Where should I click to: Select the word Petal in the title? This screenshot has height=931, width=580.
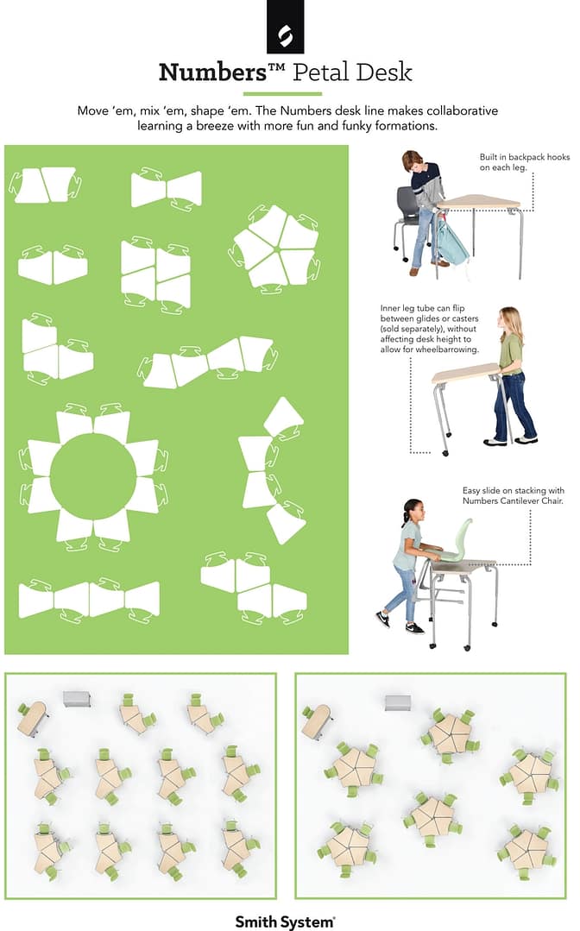click(321, 72)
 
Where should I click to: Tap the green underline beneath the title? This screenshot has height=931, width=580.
click(282, 93)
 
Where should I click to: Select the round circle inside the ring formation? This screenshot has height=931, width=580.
click(94, 476)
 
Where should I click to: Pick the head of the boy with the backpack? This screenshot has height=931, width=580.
click(413, 160)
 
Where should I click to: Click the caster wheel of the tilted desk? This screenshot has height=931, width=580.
click(445, 452)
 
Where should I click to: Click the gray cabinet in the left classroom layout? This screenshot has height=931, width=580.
click(77, 699)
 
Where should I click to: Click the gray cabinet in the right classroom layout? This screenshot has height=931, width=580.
click(398, 701)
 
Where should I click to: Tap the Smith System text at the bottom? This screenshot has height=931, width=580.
click(285, 922)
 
